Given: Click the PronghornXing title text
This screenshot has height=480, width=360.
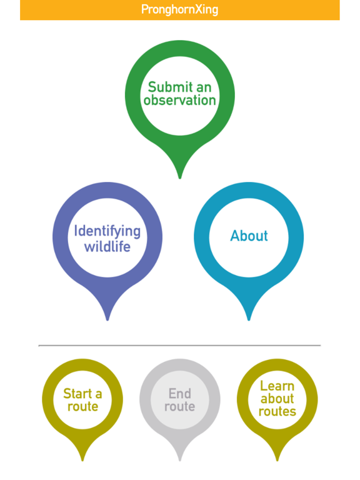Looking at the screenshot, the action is (x=180, y=10).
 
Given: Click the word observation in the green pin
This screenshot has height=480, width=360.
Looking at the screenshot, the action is (x=180, y=101).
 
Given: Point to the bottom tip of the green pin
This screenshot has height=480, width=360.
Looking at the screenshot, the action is (x=180, y=178).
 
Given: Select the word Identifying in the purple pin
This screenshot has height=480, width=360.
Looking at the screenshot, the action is (x=107, y=232).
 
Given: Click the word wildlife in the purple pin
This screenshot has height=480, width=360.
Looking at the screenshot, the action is (x=107, y=246).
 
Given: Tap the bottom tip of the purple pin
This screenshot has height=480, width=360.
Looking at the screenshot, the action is (x=107, y=320).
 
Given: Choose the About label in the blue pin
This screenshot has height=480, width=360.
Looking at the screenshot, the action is (x=249, y=236).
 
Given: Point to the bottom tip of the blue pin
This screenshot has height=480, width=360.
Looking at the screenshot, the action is (x=249, y=320).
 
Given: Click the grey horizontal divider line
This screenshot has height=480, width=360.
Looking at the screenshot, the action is (x=180, y=345).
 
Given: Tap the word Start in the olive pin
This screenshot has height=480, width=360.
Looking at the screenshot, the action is (x=77, y=394).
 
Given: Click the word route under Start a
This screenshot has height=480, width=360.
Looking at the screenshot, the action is (x=82, y=407).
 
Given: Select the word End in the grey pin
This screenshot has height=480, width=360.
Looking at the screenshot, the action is (x=180, y=394).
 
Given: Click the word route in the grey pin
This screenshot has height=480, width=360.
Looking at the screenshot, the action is (x=180, y=407).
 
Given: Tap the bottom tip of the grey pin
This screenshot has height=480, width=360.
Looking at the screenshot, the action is (x=180, y=460).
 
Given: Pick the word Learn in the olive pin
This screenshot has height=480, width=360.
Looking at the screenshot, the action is (x=277, y=386).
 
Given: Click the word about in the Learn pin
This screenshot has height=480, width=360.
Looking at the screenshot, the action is (x=277, y=399).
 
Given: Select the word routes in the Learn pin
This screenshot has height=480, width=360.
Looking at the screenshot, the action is (x=277, y=412).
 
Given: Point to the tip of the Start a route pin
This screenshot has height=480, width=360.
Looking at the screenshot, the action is (x=82, y=460).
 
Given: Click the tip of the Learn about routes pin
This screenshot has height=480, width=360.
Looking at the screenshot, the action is (x=277, y=460).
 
